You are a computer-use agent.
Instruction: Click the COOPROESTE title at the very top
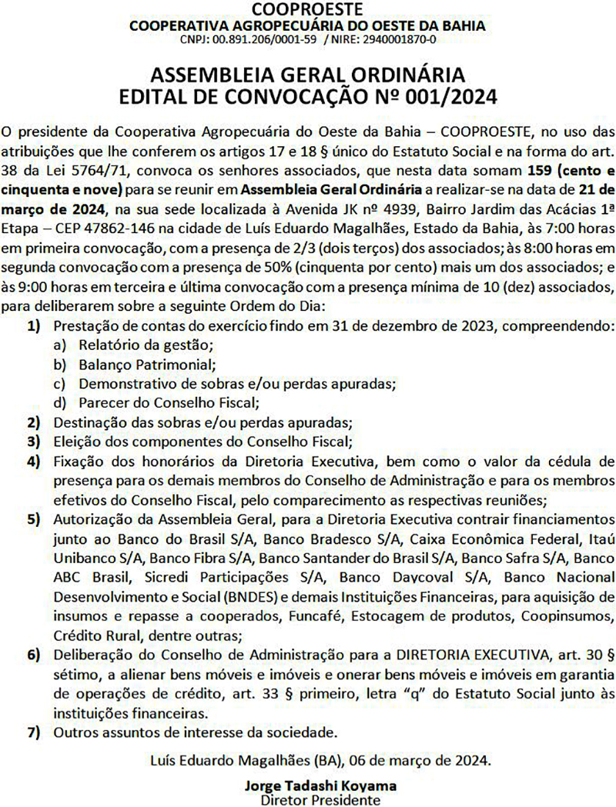click(307, 9)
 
